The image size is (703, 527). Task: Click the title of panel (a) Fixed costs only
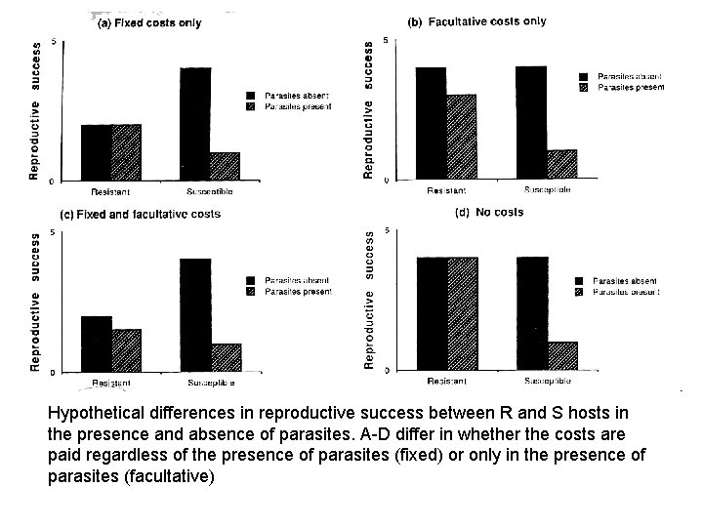[149, 23]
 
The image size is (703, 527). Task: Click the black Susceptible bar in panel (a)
[195, 124]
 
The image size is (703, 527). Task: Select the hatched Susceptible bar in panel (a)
[225, 166]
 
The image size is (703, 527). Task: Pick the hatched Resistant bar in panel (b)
[461, 137]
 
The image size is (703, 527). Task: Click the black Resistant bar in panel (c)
[96, 344]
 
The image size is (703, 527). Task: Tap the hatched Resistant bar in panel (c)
[126, 350]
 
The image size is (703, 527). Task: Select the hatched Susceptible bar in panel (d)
[562, 355]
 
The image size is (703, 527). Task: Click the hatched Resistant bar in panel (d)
[463, 313]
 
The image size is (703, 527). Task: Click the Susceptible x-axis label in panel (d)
[547, 380]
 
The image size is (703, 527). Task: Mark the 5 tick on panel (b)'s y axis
[386, 40]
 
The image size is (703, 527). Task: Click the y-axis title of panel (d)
[370, 299]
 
